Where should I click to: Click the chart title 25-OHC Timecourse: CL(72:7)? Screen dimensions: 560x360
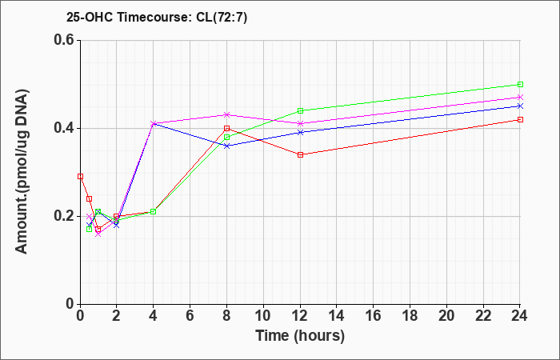pos(157,18)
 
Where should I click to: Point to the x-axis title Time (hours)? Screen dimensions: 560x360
pos(300,336)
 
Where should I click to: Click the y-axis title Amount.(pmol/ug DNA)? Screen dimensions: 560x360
pos(22,172)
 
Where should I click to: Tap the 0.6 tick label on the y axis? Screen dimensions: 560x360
pos(66,40)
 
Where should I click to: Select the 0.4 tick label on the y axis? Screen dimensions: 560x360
pos(66,128)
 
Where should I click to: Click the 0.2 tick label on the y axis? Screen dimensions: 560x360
pos(66,216)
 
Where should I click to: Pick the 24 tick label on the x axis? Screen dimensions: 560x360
pos(520,316)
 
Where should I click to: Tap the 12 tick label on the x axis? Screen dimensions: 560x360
pos(300,316)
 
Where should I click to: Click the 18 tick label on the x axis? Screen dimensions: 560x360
pos(410,316)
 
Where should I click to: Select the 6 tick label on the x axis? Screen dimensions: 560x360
pos(190,316)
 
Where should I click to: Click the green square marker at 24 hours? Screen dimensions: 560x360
pos(520,84)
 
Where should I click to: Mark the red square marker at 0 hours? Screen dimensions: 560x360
pos(80,176)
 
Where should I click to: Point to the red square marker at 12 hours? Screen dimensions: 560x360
pos(300,154)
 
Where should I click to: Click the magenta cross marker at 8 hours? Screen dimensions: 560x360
pos(226,114)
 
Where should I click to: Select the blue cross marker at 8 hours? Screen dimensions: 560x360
pos(226,146)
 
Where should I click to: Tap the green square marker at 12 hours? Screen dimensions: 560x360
pos(300,110)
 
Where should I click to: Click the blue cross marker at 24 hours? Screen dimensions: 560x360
pos(520,106)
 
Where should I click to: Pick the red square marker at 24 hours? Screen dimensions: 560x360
pos(520,119)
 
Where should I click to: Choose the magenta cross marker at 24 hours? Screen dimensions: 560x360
pos(520,97)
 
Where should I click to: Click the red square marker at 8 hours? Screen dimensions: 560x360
pos(226,128)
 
